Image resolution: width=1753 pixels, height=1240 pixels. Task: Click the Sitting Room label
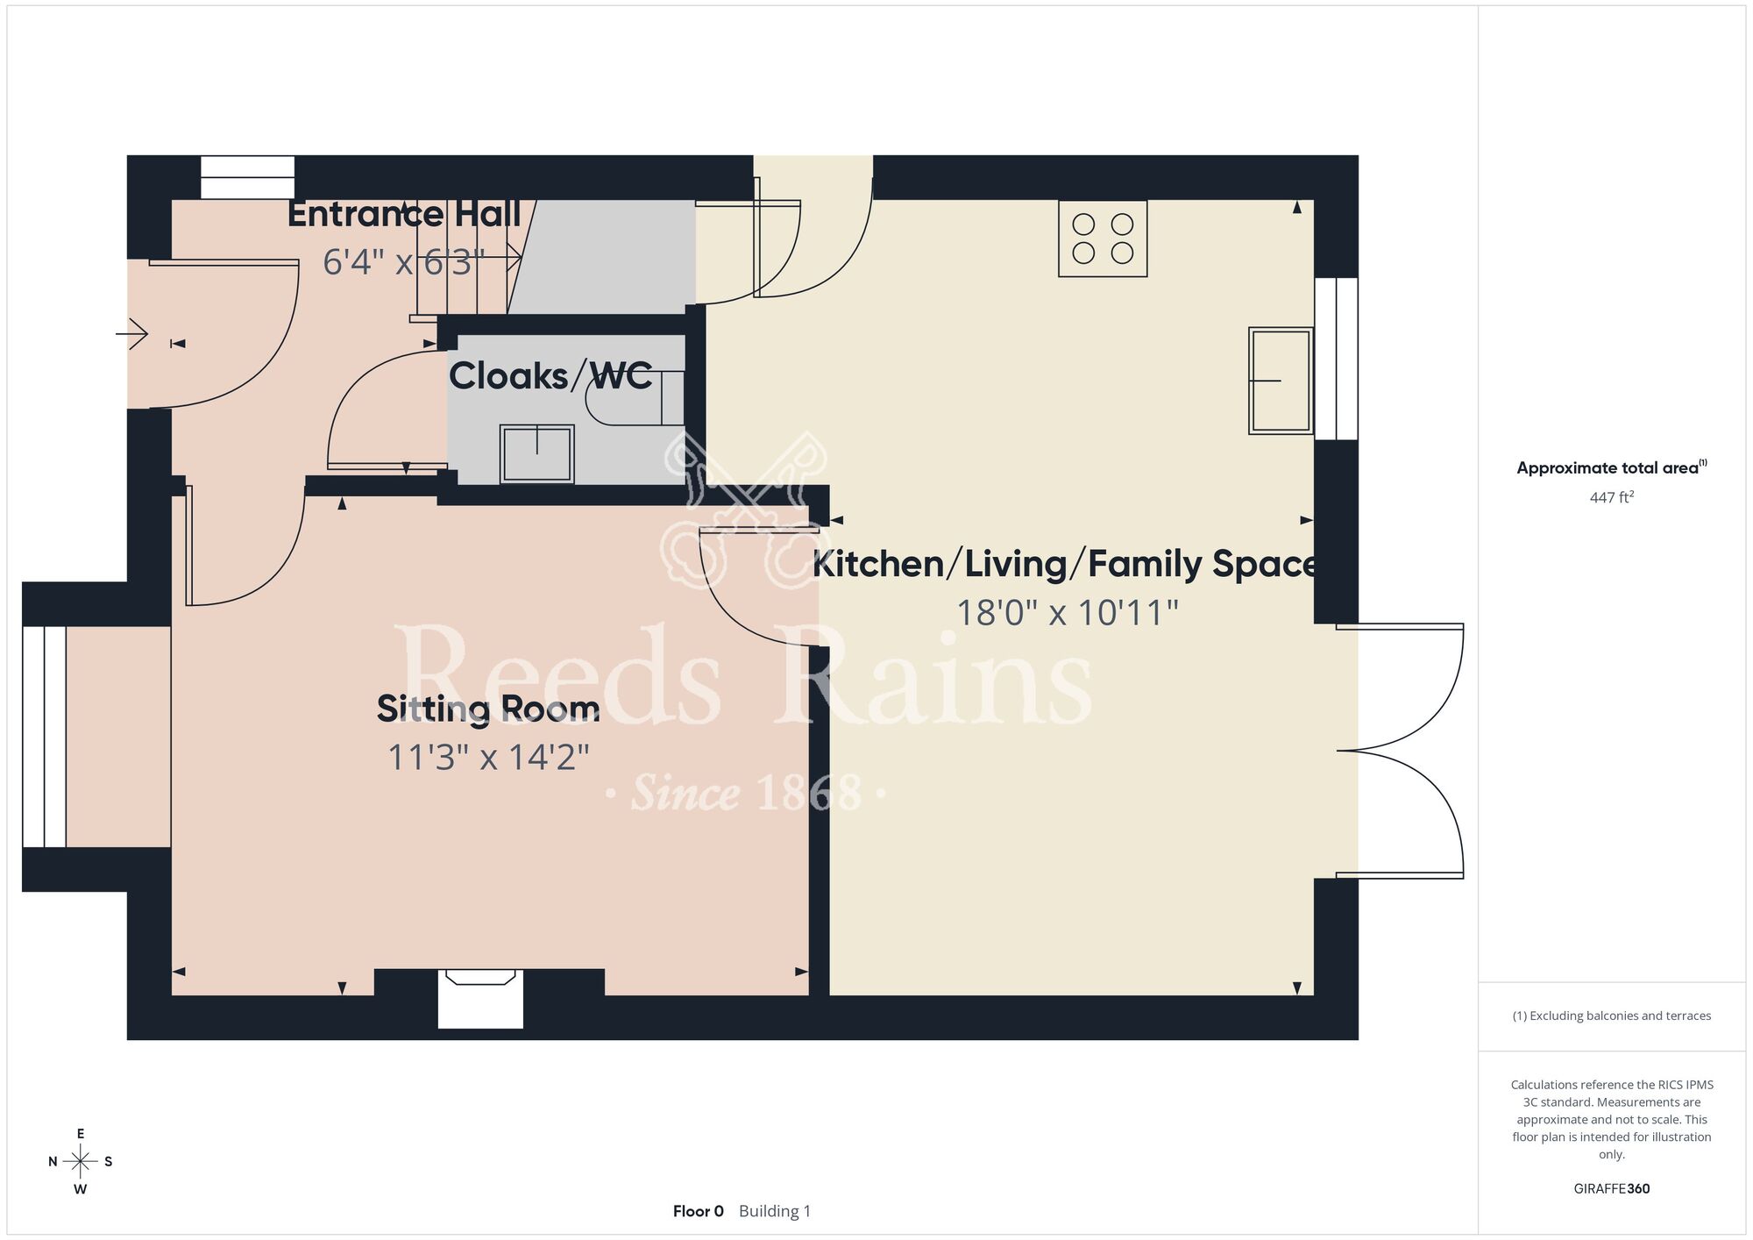click(488, 709)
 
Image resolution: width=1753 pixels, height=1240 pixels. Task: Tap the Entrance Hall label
click(404, 214)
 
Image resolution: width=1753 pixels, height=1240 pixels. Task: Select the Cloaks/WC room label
click(550, 376)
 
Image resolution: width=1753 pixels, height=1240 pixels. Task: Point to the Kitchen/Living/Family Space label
click(1065, 564)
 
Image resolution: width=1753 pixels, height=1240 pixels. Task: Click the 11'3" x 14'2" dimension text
click(489, 757)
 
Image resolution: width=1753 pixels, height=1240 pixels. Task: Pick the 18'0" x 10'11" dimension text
click(1067, 613)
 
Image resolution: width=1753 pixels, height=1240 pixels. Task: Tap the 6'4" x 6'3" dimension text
click(403, 262)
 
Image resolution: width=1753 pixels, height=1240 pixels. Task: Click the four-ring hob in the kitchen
click(1103, 239)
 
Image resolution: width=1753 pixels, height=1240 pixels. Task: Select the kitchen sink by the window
click(1281, 381)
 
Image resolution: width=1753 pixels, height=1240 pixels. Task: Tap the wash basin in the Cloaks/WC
click(537, 453)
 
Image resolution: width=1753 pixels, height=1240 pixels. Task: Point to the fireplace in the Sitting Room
click(480, 998)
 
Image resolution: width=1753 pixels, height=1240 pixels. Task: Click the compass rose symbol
click(81, 1162)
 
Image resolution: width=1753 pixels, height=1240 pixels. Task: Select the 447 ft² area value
click(1612, 497)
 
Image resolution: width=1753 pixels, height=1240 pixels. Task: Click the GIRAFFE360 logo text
click(1612, 1189)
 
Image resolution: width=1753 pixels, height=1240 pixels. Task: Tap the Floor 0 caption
click(699, 1211)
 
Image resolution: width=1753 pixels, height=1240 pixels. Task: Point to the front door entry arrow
click(132, 334)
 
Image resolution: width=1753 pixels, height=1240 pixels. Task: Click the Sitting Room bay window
click(44, 737)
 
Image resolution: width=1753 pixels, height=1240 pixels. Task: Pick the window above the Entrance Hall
click(247, 177)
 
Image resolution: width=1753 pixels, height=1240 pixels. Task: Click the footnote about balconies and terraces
click(1612, 1016)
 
